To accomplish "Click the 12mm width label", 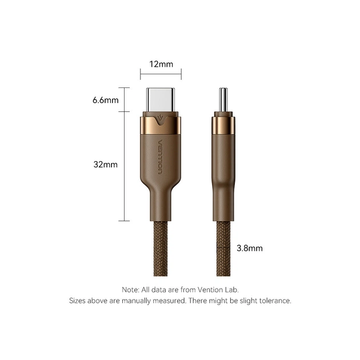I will (161, 64).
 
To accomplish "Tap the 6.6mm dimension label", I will (105, 101).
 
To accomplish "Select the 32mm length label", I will (105, 165).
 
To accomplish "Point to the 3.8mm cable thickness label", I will (250, 249).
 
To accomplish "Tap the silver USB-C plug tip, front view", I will (161, 101).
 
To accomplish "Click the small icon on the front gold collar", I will (161, 121).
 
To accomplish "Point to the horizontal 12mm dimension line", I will (161, 73).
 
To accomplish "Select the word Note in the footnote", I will (130, 290).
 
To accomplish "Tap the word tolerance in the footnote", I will (274, 301).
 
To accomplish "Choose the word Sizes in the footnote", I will (78, 301).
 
